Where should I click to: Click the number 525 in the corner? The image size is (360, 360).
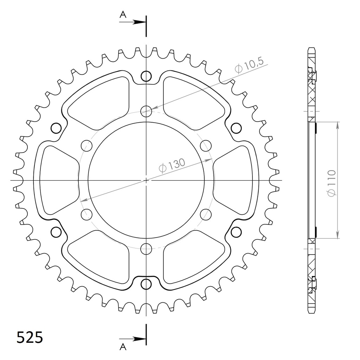[x=30, y=337]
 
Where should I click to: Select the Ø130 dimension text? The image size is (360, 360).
[x=172, y=165]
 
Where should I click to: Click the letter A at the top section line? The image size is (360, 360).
[x=123, y=14]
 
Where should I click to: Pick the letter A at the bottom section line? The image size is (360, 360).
[x=123, y=347]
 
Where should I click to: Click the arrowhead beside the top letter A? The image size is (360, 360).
[x=139, y=22]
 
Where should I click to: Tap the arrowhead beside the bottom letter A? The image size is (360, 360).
[x=139, y=339]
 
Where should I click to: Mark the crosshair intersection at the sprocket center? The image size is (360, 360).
[x=146, y=180]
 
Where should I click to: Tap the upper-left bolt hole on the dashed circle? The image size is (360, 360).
[x=86, y=145]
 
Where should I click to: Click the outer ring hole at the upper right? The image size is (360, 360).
[x=236, y=128]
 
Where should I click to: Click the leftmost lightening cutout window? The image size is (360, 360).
[x=56, y=180]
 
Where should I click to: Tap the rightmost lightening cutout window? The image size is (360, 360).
[x=235, y=180]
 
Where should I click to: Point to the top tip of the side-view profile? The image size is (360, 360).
[x=311, y=48]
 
